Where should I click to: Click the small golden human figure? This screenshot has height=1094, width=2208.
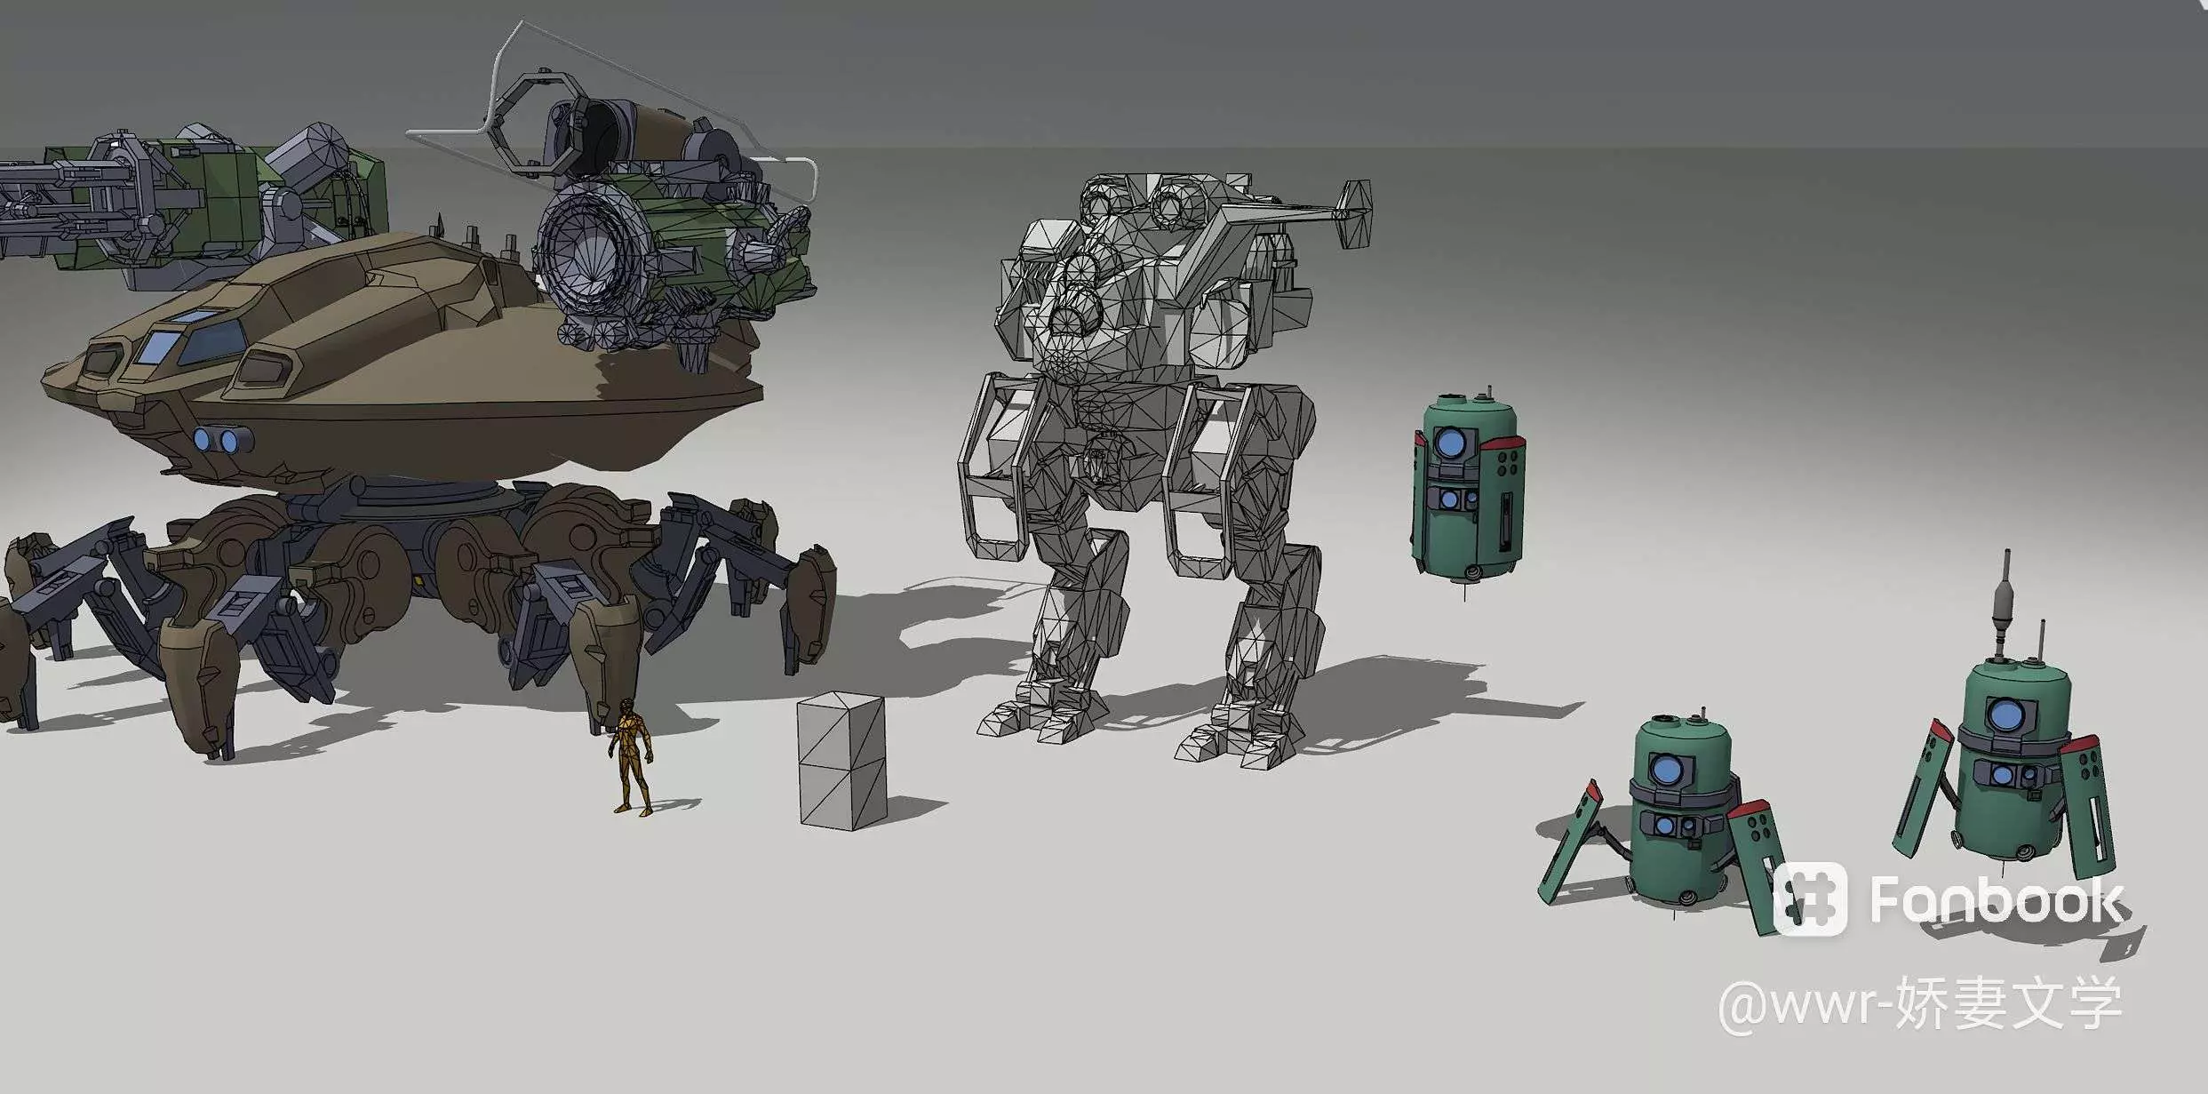click(632, 756)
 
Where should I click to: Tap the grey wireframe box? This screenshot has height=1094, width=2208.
click(842, 761)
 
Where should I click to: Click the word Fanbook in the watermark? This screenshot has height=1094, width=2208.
click(1996, 900)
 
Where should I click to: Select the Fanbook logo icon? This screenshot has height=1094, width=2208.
click(1810, 898)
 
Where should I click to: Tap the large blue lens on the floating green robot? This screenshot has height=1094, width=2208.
click(1450, 442)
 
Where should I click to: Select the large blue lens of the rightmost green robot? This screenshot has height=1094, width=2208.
click(2005, 714)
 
